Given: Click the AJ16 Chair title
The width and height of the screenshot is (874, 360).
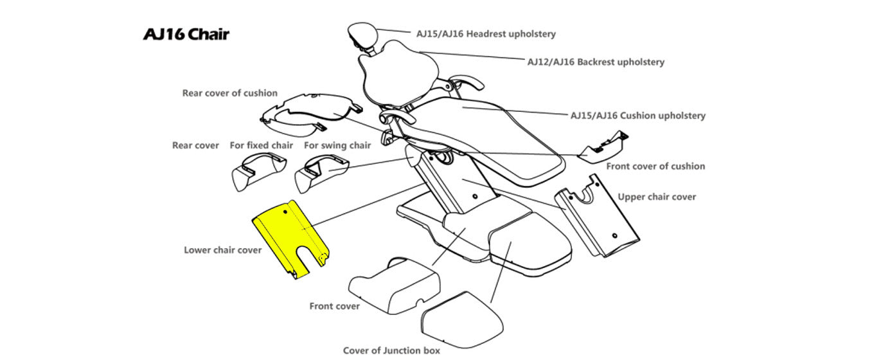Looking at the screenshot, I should (186, 34).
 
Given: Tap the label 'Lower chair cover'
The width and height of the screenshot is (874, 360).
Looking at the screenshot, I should (222, 250).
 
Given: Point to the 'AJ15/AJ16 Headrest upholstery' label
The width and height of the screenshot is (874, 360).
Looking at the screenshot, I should (486, 33).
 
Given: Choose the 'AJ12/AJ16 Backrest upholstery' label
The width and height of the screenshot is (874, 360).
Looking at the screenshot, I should (596, 62).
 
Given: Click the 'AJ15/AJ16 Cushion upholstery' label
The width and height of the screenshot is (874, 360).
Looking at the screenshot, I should (638, 116).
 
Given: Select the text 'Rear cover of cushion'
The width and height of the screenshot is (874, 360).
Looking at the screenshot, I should (229, 93).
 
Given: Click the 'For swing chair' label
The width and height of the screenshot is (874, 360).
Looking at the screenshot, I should (337, 145).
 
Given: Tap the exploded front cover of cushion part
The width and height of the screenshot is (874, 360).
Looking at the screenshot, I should (602, 147).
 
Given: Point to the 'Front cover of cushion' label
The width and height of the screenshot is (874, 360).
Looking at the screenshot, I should (655, 166).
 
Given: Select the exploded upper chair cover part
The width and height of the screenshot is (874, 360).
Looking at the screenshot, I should (598, 222).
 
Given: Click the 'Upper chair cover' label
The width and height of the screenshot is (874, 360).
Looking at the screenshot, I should (656, 197).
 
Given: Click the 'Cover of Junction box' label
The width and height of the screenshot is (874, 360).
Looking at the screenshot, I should (391, 350).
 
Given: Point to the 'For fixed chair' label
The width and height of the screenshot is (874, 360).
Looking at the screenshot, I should (261, 145).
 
